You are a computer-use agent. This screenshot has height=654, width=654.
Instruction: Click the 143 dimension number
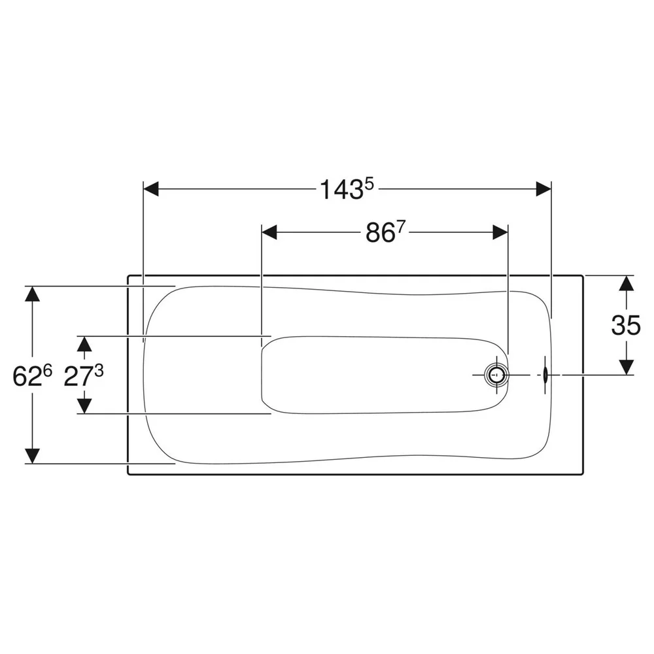(341, 190)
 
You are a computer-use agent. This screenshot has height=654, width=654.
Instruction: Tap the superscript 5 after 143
(369, 184)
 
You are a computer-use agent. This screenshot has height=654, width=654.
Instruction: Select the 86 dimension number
(380, 233)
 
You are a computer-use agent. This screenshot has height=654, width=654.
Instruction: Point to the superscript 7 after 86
(402, 228)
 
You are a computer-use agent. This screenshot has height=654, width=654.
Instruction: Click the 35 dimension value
(626, 325)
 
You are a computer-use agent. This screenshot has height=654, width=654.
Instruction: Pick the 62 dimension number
(27, 376)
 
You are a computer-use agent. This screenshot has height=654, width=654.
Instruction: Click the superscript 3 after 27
(99, 370)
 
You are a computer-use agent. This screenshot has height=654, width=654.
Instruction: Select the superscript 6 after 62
(48, 370)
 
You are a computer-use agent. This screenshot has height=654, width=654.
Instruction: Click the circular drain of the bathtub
(497, 375)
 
